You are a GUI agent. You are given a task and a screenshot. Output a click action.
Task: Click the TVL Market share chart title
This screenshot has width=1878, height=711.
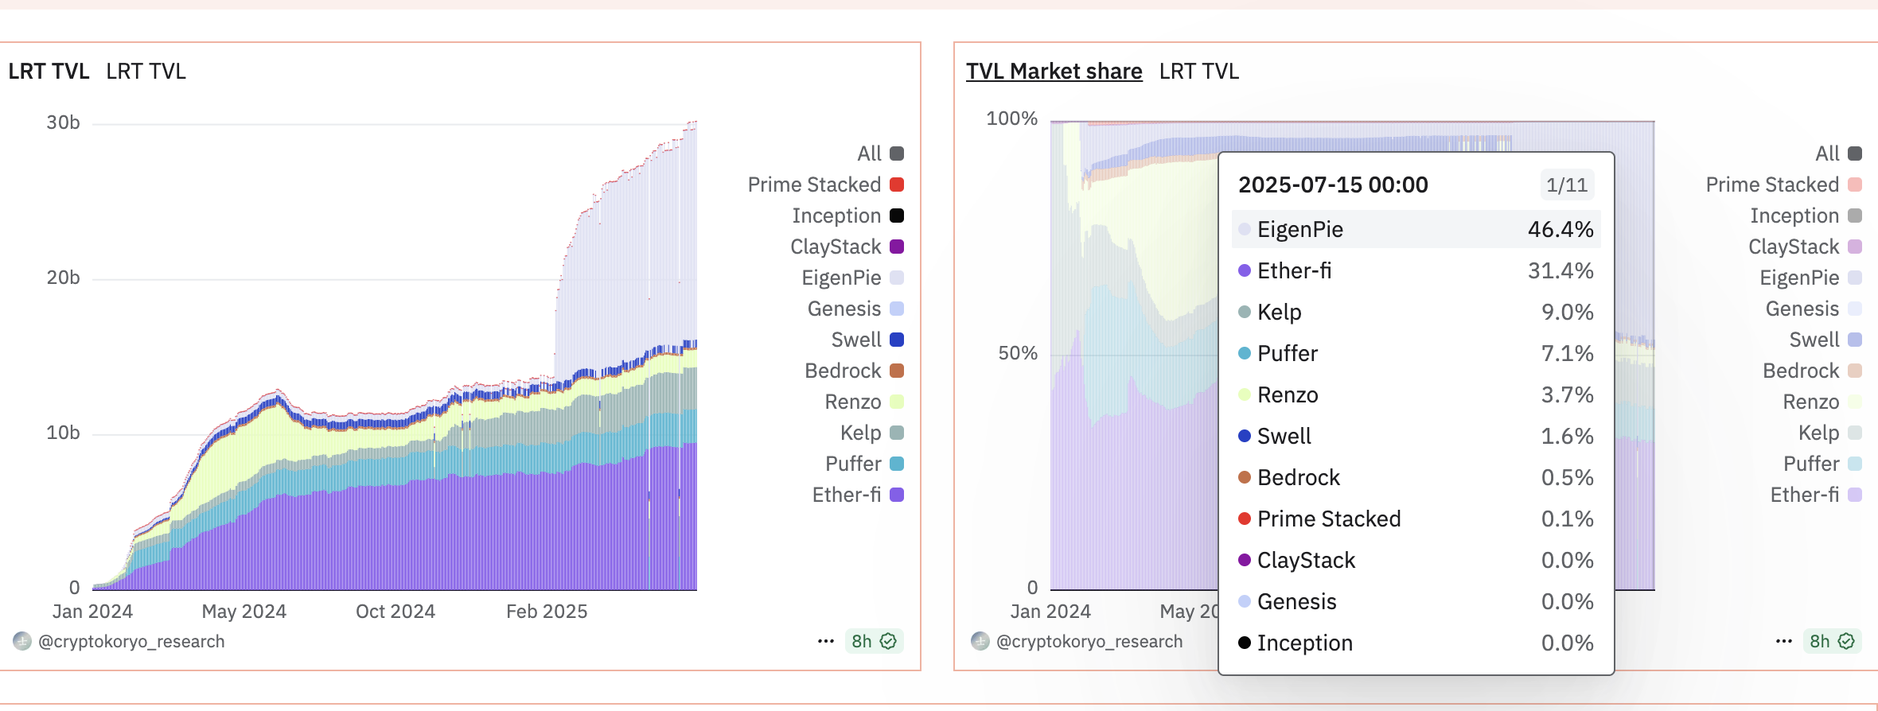point(1054,72)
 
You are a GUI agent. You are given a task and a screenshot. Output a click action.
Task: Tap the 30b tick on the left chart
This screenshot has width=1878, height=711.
point(63,122)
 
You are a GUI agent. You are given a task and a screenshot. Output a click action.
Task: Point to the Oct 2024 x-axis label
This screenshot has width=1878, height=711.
point(395,612)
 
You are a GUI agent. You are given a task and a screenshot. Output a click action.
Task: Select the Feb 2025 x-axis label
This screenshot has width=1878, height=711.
point(547,612)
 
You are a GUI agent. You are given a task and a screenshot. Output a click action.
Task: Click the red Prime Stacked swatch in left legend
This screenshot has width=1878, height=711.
point(897,185)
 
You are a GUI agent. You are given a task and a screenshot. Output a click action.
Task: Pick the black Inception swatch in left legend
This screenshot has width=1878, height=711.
point(897,216)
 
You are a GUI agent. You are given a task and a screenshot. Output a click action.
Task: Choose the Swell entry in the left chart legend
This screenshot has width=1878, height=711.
point(856,340)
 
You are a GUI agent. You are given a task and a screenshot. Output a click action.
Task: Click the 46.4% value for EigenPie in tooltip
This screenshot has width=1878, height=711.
point(1560,230)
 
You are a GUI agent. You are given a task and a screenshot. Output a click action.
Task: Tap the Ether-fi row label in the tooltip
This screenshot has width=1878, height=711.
point(1294,271)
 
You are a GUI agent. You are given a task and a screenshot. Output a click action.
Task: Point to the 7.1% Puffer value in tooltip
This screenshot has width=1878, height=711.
point(1567,354)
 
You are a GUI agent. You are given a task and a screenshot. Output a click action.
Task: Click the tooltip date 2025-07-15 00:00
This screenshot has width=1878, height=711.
point(1333,185)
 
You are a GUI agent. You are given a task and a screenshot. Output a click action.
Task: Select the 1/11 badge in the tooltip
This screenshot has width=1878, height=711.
point(1566,185)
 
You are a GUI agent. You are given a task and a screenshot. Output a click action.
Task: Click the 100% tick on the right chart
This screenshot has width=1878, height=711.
point(1011,119)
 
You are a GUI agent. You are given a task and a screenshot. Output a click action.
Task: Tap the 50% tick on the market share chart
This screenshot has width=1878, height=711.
point(1018,354)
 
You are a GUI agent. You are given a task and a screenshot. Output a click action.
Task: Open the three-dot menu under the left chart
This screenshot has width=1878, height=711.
point(826,641)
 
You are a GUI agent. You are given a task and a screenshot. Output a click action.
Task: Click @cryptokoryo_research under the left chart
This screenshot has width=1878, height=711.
point(131,642)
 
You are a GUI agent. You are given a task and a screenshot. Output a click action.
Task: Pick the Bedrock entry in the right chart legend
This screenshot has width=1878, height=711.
point(1801,371)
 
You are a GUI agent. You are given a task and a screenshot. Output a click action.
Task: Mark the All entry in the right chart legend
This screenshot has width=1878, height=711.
point(1827,153)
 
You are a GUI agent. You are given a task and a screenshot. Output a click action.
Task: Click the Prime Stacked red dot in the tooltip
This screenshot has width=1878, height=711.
point(1245,519)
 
